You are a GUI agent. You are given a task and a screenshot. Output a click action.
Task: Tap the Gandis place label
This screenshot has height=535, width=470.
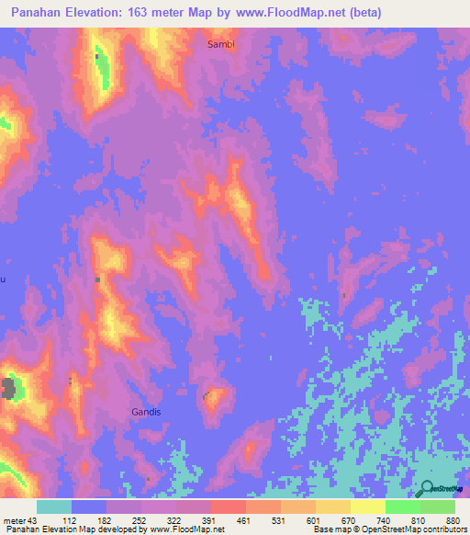[x=146, y=412]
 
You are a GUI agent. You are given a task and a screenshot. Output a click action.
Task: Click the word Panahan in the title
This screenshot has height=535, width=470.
[x=37, y=12]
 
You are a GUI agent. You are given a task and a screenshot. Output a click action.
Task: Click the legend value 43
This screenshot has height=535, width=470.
[x=34, y=520]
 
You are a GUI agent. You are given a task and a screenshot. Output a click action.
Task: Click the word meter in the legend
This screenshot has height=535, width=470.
[x=15, y=520]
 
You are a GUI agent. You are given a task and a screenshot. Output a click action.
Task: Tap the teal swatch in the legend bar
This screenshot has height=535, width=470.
[x=54, y=507]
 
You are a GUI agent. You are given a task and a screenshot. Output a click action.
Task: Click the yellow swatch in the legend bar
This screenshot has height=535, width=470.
[x=367, y=507]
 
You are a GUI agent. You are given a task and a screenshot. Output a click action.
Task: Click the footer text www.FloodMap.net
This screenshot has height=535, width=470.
[x=187, y=529]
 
